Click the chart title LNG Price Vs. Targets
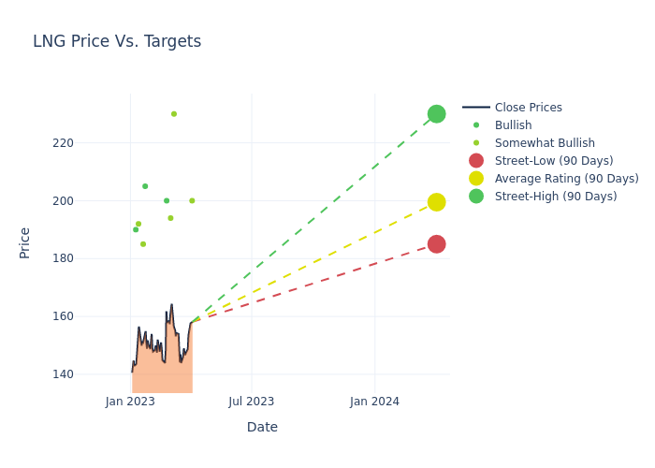click(117, 41)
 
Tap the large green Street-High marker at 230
click(436, 114)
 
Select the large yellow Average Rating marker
click(436, 202)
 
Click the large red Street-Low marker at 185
click(436, 244)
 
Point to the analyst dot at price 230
click(174, 114)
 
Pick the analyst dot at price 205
click(145, 186)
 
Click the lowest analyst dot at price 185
click(143, 244)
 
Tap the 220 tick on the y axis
click(89, 143)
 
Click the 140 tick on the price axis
click(89, 374)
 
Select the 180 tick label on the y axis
click(89, 258)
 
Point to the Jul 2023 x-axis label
click(252, 402)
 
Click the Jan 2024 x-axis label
click(374, 402)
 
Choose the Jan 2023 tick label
click(130, 402)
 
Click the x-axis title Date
click(262, 427)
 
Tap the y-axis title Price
click(25, 242)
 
